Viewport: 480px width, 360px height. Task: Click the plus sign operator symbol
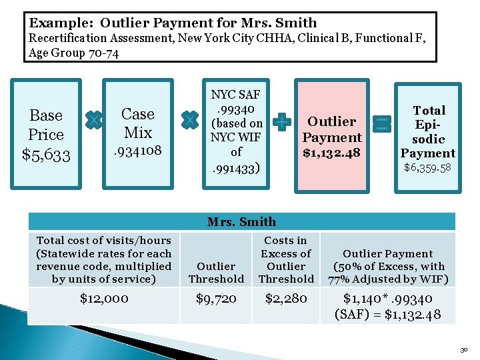283,122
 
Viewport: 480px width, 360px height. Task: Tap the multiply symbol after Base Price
94,120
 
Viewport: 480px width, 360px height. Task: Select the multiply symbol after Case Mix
190,120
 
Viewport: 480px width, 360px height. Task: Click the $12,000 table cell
103,299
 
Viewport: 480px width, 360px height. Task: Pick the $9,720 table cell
216,299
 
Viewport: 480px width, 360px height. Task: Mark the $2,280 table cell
286,299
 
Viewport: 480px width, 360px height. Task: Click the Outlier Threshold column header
216,273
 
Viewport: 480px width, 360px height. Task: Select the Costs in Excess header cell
286,259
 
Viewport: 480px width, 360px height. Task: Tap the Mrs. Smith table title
241,222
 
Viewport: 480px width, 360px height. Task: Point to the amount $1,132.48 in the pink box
332,153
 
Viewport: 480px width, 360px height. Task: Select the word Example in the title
57,23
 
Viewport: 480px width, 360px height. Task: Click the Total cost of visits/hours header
103,259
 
